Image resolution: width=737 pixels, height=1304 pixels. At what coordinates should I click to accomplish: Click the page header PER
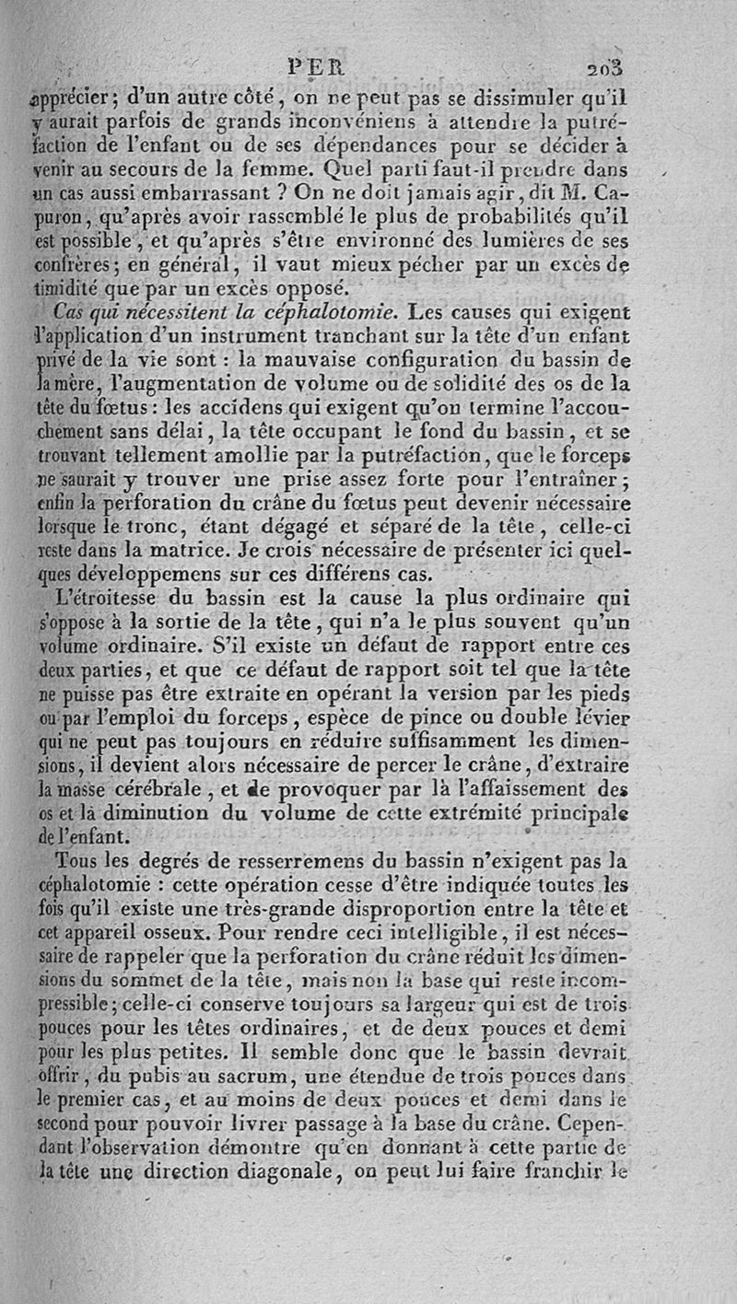coord(315,66)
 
